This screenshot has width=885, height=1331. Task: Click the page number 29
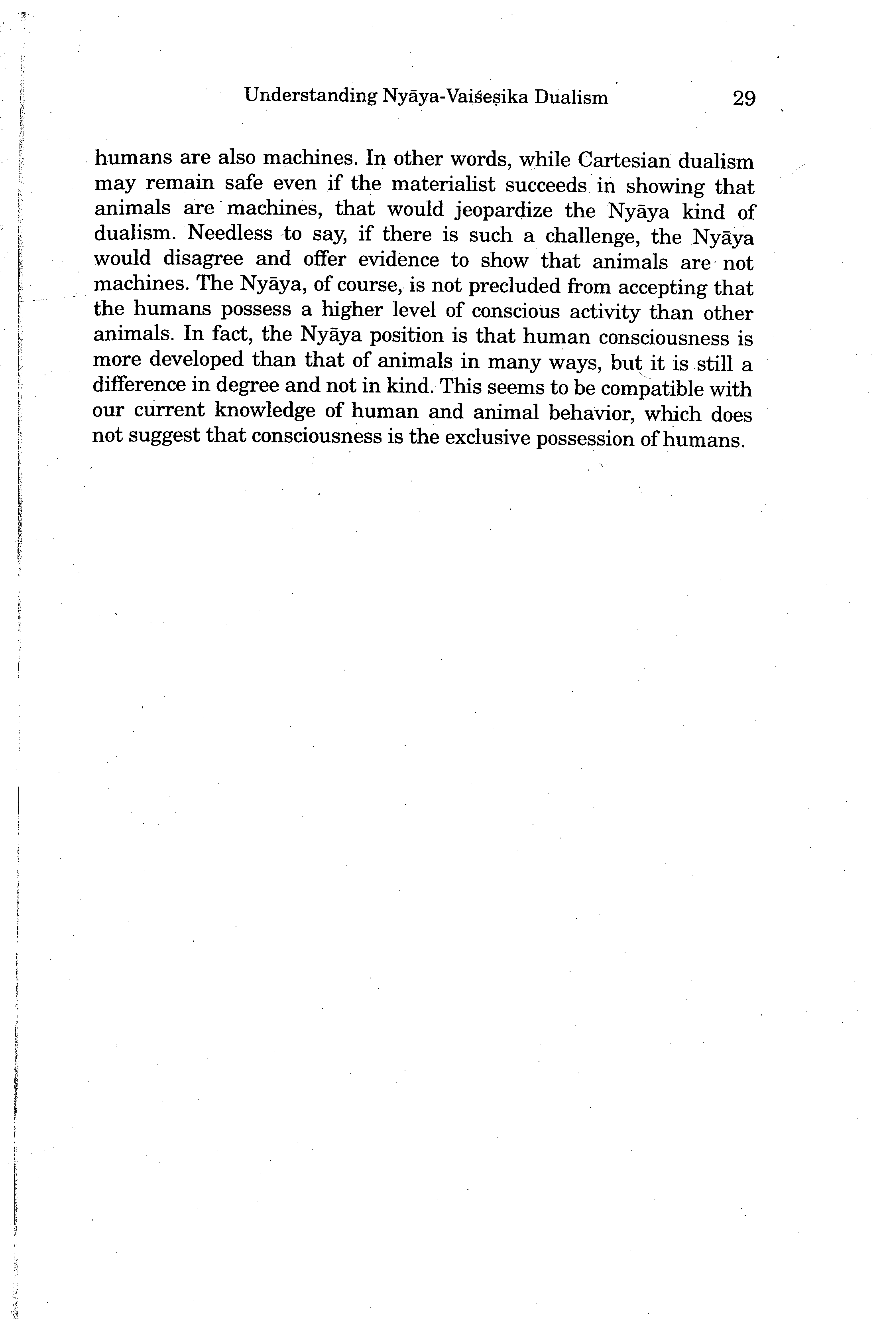(x=743, y=99)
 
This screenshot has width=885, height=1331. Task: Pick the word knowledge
(x=265, y=410)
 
